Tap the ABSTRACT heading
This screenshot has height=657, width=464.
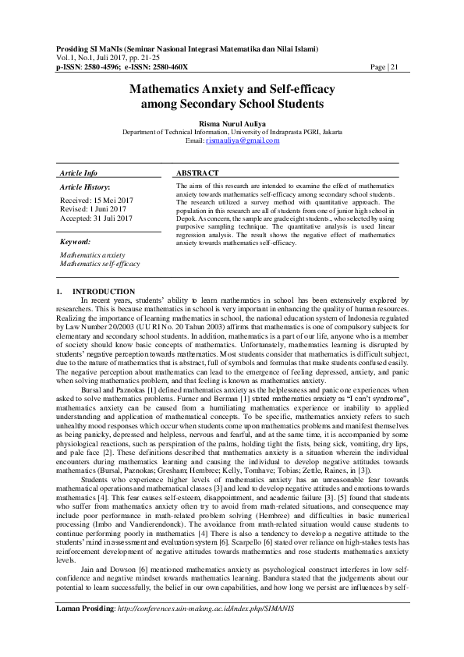pyautogui.click(x=197, y=172)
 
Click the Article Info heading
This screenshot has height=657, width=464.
pyautogui.click(x=79, y=172)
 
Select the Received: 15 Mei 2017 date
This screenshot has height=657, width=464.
pyautogui.click(x=96, y=201)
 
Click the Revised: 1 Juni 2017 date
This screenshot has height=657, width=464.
pyautogui.click(x=92, y=209)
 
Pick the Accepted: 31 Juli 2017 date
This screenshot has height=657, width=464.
pyautogui.click(x=97, y=218)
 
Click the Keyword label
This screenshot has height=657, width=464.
pyautogui.click(x=76, y=243)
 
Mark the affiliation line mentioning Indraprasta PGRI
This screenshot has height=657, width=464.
pyautogui.click(x=232, y=132)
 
